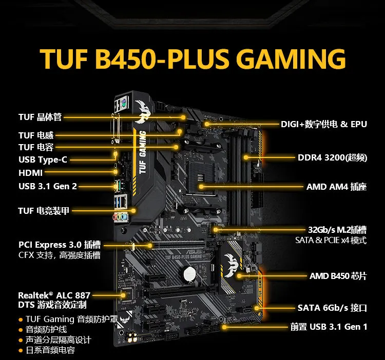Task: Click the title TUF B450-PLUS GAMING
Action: (x=192, y=59)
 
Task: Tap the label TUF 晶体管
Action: (x=40, y=117)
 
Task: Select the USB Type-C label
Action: (x=43, y=159)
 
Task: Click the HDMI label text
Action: (x=30, y=173)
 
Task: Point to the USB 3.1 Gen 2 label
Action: (x=48, y=186)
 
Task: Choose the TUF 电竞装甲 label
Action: (x=43, y=210)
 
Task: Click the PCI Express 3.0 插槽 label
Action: (x=59, y=245)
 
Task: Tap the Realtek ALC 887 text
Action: (x=54, y=295)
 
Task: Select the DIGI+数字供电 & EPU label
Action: (x=323, y=125)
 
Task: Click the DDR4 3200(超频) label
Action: (x=332, y=157)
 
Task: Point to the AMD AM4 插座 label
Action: (x=336, y=187)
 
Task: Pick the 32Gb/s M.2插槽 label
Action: (x=337, y=229)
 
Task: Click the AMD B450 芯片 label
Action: (x=338, y=276)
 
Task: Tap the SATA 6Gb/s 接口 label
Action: (x=332, y=308)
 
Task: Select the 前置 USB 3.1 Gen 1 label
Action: (x=329, y=327)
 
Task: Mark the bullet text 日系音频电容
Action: (x=50, y=350)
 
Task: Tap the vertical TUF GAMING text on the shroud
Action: (x=142, y=149)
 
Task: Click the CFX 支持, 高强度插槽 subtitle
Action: (x=59, y=255)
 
